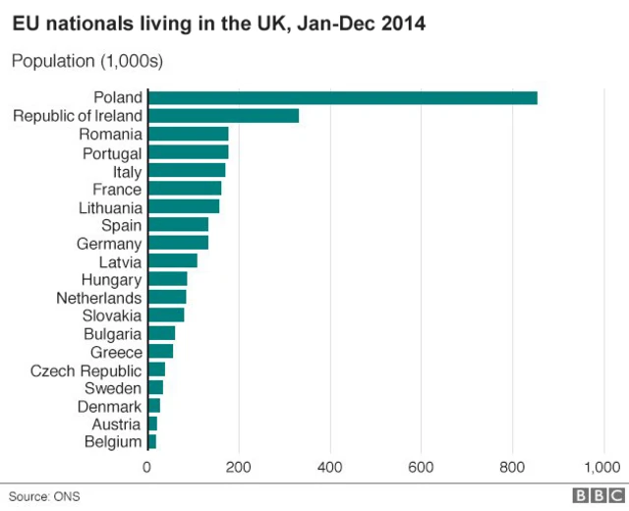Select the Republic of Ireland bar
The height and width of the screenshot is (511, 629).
tap(223, 116)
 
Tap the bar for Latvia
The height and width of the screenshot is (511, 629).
tap(172, 261)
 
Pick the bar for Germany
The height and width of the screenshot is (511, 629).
tap(178, 243)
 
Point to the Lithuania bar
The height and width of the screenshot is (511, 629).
tap(184, 207)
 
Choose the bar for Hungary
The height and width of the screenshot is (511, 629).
tap(167, 279)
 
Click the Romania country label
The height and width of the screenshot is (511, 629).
tap(111, 134)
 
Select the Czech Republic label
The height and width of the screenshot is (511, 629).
tap(86, 370)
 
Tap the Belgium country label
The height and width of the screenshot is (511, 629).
tap(114, 442)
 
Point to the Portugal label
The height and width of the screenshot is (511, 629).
tap(113, 152)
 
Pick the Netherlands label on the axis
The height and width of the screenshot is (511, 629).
tap(99, 297)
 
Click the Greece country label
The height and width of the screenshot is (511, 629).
tap(117, 352)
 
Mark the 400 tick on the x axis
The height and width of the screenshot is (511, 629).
tap(330, 467)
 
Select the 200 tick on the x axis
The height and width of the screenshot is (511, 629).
tap(239, 467)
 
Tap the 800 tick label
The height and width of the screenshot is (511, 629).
tap(513, 467)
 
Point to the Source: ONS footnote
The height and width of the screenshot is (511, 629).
tap(44, 496)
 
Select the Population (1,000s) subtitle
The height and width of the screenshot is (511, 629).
tap(86, 61)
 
